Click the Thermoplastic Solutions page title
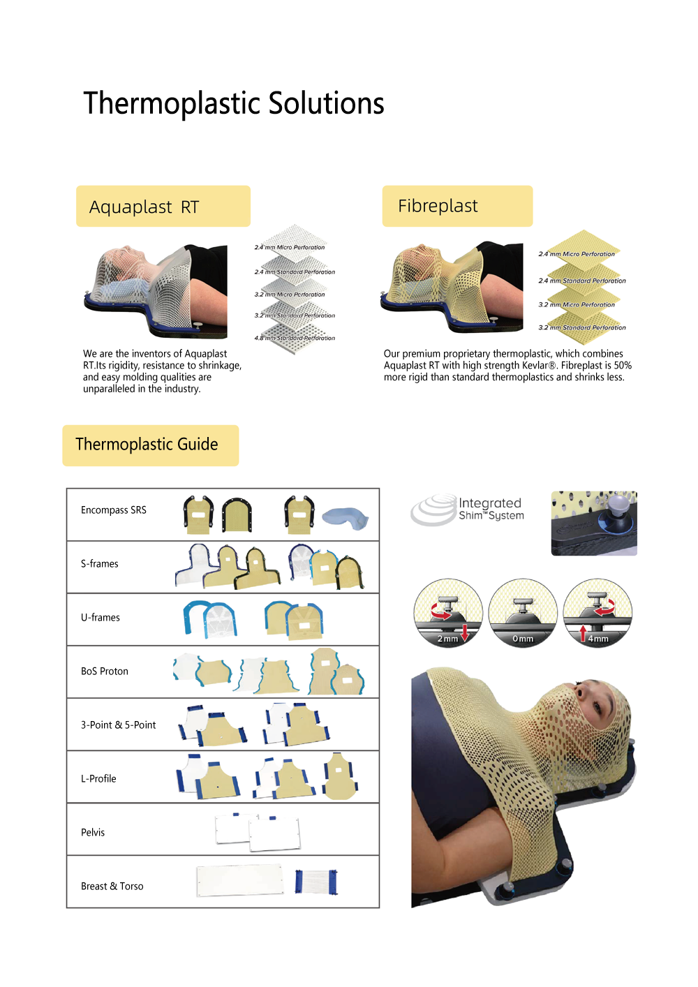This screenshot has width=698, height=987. pos(234,103)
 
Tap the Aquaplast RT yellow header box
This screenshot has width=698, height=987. pos(163,206)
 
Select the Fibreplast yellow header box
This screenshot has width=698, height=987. pos(457,206)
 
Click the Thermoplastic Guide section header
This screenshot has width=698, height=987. pos(150,445)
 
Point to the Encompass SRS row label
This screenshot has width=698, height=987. pos(113,510)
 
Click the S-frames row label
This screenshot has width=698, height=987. pos(100,563)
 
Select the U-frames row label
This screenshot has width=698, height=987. pos(100,617)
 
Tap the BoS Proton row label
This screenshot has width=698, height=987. pos(105,671)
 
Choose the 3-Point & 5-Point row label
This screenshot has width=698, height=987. pos(118,725)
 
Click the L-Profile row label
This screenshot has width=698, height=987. pos(98,778)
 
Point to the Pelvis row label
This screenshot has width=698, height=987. pos(93,832)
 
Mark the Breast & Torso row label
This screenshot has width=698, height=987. pos(112,886)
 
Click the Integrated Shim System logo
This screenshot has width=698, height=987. pos(467,510)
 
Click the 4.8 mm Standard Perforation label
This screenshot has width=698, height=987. pos(295,338)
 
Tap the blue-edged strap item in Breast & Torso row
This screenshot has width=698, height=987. pos(316,881)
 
